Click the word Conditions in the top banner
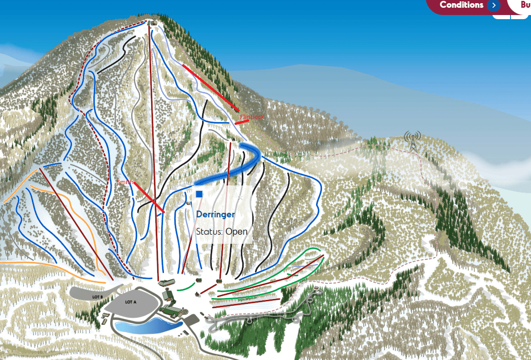(461, 5)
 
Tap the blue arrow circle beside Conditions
(493, 5)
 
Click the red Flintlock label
(252, 117)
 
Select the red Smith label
(124, 182)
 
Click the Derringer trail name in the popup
(215, 214)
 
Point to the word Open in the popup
(236, 231)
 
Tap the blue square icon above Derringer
(199, 194)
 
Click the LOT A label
(131, 302)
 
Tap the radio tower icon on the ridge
(412, 141)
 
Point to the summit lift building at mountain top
(152, 22)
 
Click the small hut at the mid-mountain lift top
(233, 139)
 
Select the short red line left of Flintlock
(241, 122)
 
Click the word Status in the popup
(209, 231)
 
